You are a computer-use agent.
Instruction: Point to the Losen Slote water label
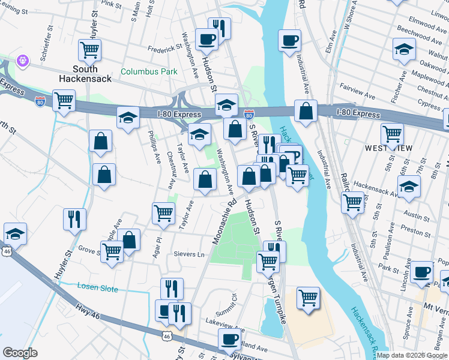(x=97, y=288)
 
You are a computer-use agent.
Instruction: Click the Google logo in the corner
(x=19, y=353)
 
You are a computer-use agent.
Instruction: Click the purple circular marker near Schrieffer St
(x=23, y=60)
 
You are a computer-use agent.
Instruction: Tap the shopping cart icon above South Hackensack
(x=90, y=50)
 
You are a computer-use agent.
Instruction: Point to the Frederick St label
(x=164, y=47)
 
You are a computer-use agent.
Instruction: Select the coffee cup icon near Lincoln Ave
(x=422, y=271)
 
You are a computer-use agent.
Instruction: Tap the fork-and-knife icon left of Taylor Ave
(x=75, y=218)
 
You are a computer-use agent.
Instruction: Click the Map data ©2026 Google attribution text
(x=412, y=355)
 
